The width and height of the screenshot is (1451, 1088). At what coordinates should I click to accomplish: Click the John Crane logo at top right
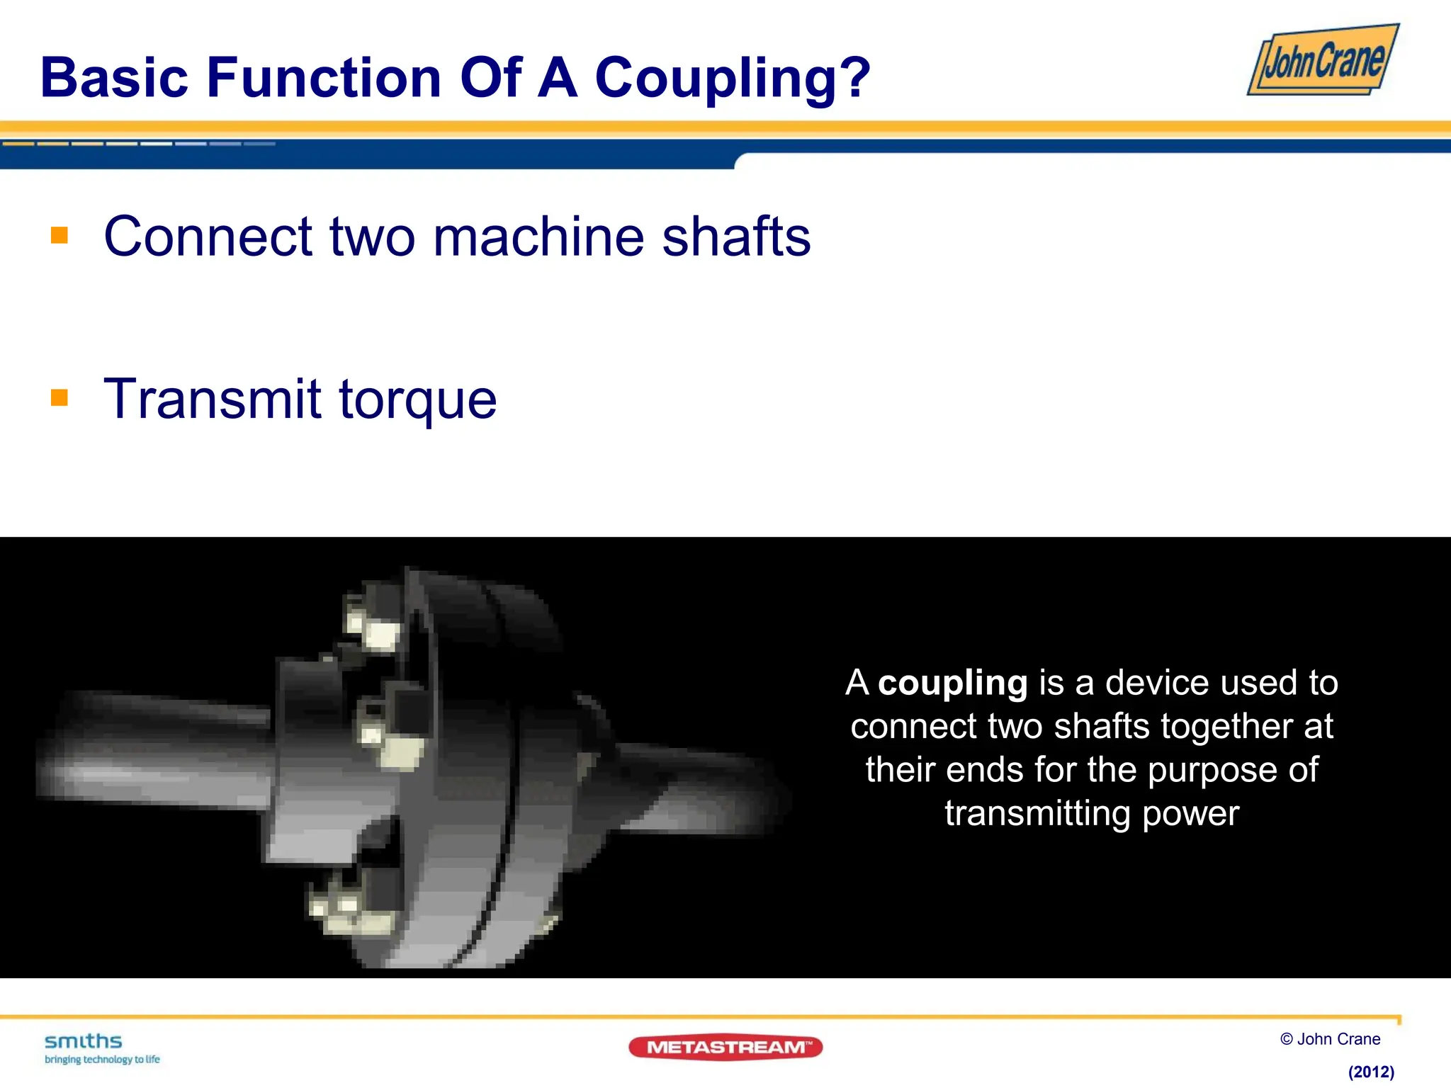pos(1323,60)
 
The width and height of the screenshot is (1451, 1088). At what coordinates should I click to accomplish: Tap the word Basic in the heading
pos(114,77)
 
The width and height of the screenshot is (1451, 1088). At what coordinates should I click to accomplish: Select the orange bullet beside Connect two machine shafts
pos(60,235)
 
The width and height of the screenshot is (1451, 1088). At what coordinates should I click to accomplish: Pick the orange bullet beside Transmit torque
pos(60,397)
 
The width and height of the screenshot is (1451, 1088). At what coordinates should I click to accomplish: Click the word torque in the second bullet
pos(418,400)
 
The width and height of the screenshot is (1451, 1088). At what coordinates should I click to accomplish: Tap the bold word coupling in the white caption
pos(952,684)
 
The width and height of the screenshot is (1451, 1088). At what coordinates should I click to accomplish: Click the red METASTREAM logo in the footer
pos(725,1047)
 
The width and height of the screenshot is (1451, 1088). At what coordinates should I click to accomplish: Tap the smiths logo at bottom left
pos(84,1041)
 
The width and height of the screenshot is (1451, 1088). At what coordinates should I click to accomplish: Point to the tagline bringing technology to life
pos(102,1060)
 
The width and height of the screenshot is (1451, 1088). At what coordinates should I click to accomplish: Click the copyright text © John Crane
pos(1330,1039)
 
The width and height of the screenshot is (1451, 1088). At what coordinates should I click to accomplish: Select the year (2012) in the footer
pos(1371,1072)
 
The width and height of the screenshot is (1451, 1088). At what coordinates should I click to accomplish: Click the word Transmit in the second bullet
pos(213,399)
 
